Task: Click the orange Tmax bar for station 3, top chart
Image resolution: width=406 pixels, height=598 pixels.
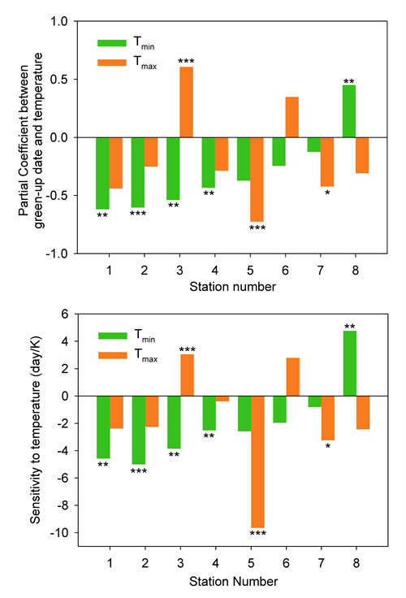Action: tap(187, 102)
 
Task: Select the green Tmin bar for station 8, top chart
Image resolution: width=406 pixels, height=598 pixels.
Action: tap(349, 111)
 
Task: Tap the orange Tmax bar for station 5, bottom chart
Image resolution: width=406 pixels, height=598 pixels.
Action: tap(257, 461)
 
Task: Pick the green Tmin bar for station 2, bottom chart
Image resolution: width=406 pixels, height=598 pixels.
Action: tap(139, 430)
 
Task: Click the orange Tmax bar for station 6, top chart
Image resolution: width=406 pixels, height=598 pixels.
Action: tap(292, 117)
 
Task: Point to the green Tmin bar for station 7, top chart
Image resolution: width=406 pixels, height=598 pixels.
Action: tap(313, 145)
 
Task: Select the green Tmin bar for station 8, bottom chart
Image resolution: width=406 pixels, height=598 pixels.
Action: tap(350, 363)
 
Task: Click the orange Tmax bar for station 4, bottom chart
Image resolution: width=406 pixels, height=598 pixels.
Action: tap(222, 399)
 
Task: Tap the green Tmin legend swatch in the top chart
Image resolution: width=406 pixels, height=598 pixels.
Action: tap(112, 43)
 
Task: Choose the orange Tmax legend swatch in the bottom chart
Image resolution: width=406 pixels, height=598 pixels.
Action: tap(113, 355)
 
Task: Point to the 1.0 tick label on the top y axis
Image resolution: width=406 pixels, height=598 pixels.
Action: tap(58, 21)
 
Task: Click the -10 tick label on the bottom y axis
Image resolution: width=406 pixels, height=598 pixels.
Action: tap(59, 532)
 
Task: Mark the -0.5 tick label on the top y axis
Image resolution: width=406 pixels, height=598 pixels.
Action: tap(57, 196)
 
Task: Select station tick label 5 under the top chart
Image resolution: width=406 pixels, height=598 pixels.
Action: tap(250, 271)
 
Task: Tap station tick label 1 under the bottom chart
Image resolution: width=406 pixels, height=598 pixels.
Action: tap(110, 563)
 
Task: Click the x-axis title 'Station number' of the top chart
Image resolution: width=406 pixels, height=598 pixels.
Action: tap(232, 287)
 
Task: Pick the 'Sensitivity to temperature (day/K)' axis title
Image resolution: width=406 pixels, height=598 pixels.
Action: tap(35, 430)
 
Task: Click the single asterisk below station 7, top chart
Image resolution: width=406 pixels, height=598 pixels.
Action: tap(327, 193)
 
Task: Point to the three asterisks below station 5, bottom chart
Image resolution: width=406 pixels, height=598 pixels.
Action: tap(257, 533)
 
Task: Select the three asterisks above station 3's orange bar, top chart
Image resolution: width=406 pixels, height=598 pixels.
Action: tap(187, 61)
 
